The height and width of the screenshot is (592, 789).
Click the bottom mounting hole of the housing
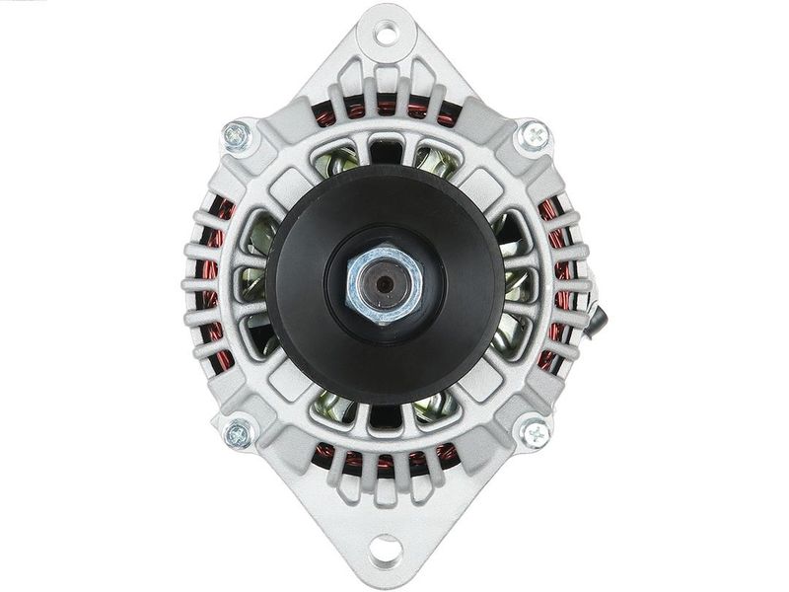[x=386, y=548]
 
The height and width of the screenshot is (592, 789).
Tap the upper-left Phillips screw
[x=237, y=135]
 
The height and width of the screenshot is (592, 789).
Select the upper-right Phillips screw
[x=534, y=135]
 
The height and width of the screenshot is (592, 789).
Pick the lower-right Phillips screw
[x=534, y=432]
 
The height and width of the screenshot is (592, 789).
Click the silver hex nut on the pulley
[x=385, y=283]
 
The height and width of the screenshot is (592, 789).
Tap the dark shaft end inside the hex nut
[x=384, y=284]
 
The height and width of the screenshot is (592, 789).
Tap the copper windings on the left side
[x=215, y=286]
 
